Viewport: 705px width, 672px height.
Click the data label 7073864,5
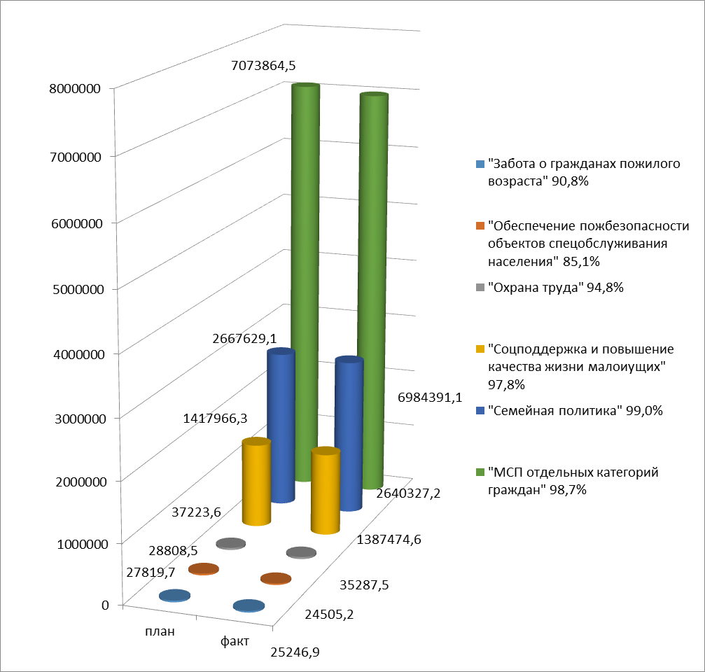pos(263,66)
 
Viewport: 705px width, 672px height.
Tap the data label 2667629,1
pos(237,338)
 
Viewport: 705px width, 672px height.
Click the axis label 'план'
pos(160,630)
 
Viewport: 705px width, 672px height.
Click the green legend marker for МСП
pos(479,472)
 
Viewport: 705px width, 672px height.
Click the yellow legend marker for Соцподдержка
pos(479,349)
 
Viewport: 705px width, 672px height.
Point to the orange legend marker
pos(479,226)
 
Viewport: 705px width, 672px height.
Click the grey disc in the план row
pos(230,544)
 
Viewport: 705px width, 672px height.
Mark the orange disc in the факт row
pos(275,579)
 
